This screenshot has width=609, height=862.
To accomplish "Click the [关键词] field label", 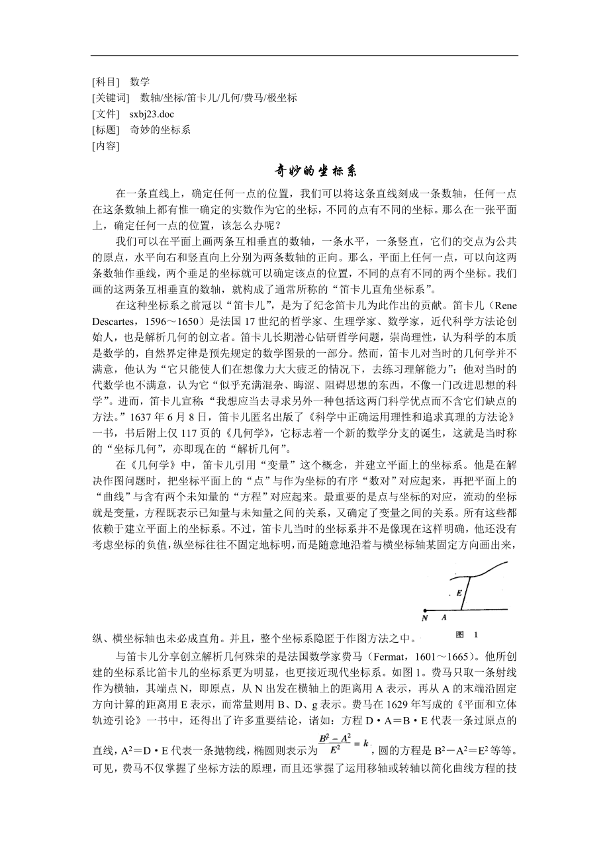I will (110, 98).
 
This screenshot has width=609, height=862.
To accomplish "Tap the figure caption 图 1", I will (467, 634).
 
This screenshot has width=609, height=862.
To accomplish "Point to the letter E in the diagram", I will (458, 593).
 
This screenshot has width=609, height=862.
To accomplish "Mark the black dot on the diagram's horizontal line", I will (424, 609).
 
